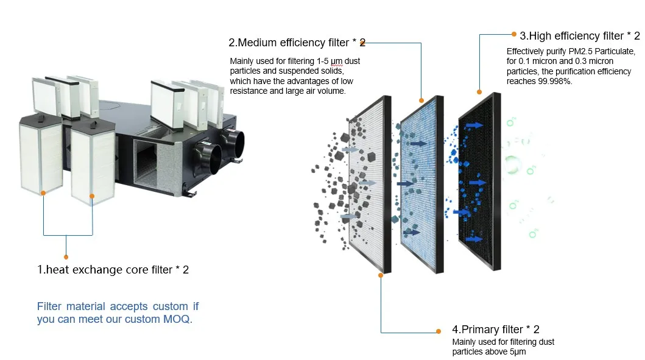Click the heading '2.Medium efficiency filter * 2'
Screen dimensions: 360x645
[x=297, y=43]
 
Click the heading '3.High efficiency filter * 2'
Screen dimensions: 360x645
[x=579, y=36]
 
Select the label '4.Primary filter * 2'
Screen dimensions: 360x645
[x=495, y=330]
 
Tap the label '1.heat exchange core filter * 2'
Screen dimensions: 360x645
[x=113, y=269]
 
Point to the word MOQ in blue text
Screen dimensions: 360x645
[x=177, y=319]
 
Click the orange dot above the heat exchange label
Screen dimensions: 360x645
[x=66, y=257]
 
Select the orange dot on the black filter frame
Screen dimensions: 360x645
[x=479, y=92]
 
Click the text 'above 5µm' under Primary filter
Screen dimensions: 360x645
[x=506, y=352]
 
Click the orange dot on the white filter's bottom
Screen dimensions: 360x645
[x=381, y=275]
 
